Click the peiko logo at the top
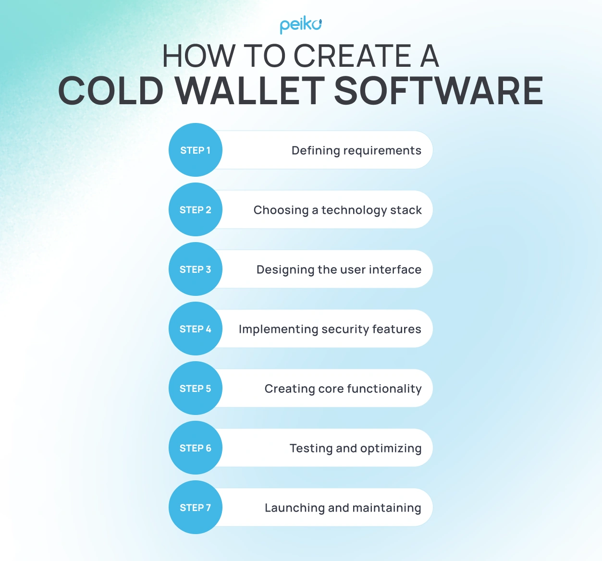click(x=301, y=25)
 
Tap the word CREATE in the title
click(x=352, y=56)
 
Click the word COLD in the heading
click(x=111, y=91)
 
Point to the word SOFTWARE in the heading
click(x=438, y=91)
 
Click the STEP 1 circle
click(x=196, y=150)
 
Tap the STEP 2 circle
click(x=196, y=210)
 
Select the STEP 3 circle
click(x=196, y=269)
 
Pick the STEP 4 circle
click(x=196, y=329)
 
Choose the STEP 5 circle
click(x=196, y=389)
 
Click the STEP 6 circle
click(x=196, y=448)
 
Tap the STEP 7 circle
click(x=196, y=508)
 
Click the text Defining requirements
click(x=356, y=151)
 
